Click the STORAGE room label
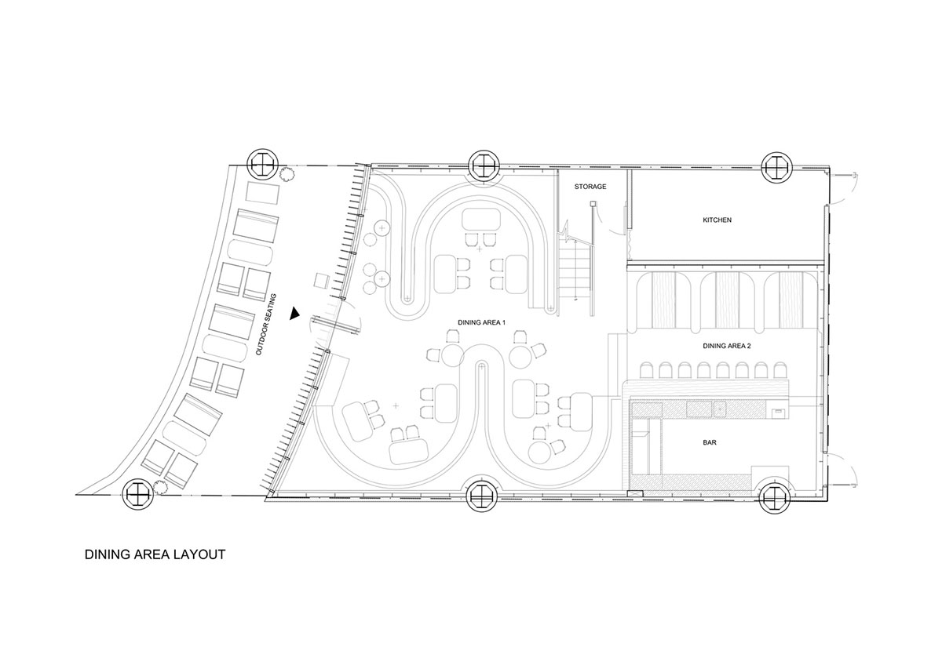click(x=590, y=187)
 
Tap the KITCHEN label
click(x=717, y=220)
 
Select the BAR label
click(x=710, y=442)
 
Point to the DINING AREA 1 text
click(x=481, y=322)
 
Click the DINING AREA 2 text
click(x=727, y=346)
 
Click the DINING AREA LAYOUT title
click(x=155, y=554)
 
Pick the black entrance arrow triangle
click(x=294, y=314)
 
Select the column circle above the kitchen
click(x=777, y=167)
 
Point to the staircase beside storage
click(x=575, y=273)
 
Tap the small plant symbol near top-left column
click(x=287, y=174)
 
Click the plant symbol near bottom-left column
click(x=161, y=487)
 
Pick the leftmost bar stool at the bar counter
click(x=647, y=370)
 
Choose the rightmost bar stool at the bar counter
click(x=781, y=370)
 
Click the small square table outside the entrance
click(x=322, y=280)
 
